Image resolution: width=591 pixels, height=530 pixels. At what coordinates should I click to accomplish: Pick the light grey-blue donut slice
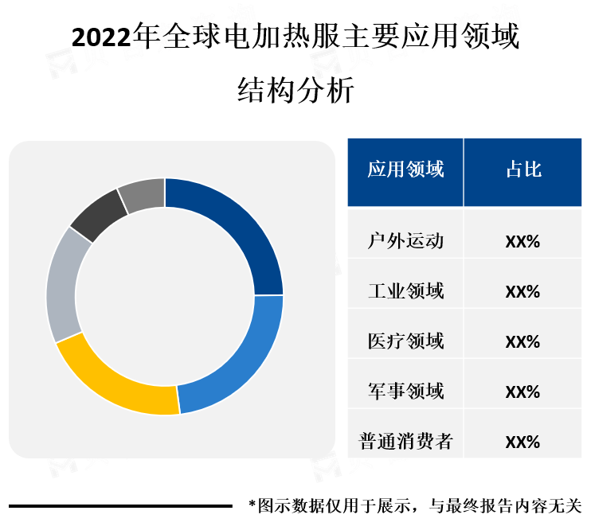coord(62,286)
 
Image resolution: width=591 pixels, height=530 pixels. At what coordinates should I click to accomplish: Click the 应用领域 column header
coord(405,170)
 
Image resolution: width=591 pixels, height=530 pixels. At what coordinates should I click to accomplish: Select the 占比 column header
coord(523,170)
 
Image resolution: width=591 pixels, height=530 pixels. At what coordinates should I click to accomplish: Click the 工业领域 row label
coord(405,291)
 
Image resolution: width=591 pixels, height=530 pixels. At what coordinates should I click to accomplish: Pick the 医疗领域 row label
coord(405,341)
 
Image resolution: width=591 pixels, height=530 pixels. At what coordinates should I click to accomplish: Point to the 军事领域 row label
coord(405,392)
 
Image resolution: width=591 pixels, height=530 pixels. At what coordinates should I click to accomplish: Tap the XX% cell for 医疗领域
coord(523,342)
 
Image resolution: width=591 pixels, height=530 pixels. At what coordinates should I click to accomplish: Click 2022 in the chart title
coord(103,38)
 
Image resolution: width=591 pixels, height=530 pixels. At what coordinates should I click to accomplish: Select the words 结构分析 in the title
coord(295,90)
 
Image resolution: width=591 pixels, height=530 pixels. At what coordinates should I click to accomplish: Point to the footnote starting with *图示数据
coord(415,505)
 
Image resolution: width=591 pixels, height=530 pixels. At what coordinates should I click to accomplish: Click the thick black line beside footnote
coord(119,505)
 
